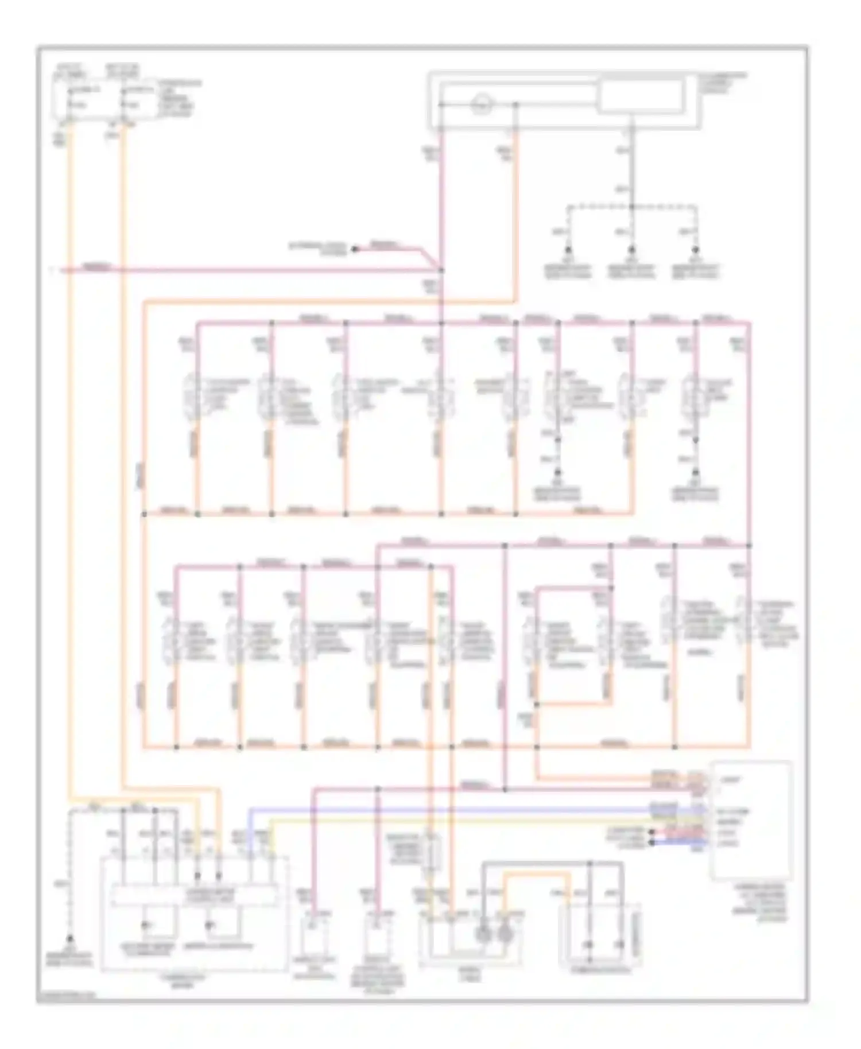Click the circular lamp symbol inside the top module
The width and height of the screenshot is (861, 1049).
click(482, 104)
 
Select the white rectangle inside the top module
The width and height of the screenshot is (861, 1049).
click(641, 95)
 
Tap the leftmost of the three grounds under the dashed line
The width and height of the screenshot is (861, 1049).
click(568, 251)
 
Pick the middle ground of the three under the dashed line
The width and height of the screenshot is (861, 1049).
click(631, 251)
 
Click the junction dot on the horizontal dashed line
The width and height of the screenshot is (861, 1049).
click(631, 207)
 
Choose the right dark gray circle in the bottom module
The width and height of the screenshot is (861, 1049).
click(505, 934)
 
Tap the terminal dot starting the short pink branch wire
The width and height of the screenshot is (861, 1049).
click(354, 249)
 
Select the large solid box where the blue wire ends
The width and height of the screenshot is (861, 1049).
click(752, 821)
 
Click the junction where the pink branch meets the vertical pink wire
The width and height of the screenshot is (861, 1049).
click(441, 269)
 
